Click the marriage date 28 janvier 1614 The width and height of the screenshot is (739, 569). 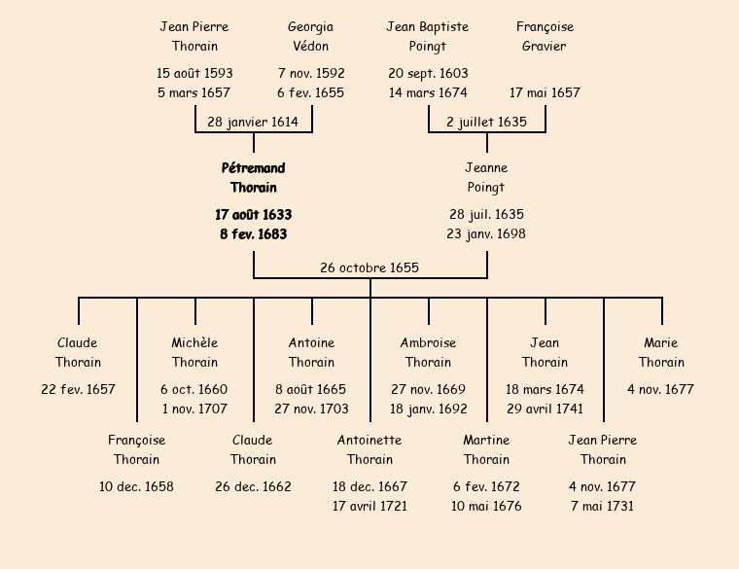point(253,122)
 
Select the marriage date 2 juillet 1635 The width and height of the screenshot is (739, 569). point(486,122)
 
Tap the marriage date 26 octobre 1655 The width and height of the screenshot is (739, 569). point(369,267)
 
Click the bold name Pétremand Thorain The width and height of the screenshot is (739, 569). point(254,178)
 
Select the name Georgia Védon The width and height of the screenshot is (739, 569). point(311,37)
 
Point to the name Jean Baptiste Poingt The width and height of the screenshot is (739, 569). point(428,37)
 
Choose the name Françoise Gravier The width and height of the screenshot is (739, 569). point(545,37)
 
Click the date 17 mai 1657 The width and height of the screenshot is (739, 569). point(545,93)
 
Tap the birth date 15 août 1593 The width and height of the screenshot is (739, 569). point(194,73)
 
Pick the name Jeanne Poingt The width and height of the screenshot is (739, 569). point(486,178)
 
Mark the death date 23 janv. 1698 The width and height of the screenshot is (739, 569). point(486,234)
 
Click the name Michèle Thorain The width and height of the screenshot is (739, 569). point(194,352)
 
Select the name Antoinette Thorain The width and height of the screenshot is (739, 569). point(369,449)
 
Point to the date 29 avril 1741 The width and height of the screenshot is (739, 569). point(545,409)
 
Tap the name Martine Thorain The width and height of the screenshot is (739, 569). point(486,449)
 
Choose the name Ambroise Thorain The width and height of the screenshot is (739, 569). point(428,352)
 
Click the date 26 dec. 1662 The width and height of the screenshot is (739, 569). point(253,486)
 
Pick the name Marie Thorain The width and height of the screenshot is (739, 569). point(661,352)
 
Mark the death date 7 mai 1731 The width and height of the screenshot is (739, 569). point(603,507)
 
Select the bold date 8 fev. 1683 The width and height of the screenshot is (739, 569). point(254,234)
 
